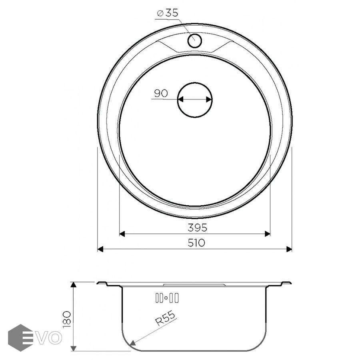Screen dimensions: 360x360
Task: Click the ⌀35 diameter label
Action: pos(167,13)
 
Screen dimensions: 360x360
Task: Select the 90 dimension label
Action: pos(161,94)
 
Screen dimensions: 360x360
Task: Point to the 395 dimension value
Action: pos(197,228)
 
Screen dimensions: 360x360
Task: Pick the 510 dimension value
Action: pos(196,243)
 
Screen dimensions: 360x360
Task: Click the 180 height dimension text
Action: pos(67,319)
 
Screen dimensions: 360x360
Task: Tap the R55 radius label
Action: pos(165,318)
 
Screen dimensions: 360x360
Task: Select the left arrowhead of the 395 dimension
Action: pos(122,234)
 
